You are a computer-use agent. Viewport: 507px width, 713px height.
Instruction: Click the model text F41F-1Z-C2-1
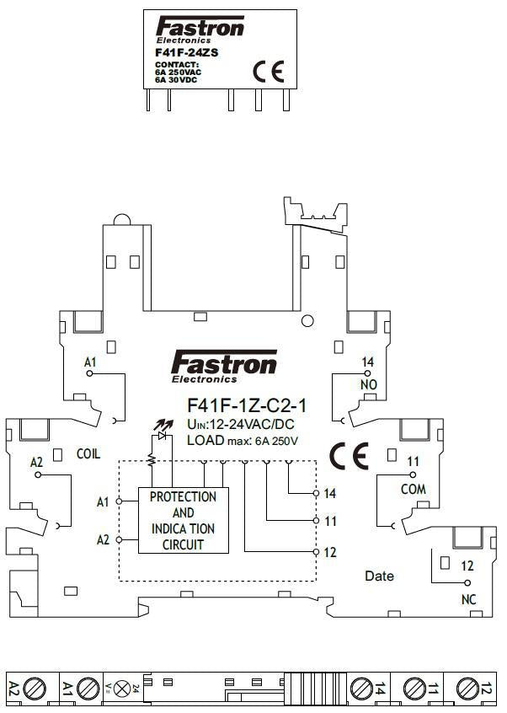246,406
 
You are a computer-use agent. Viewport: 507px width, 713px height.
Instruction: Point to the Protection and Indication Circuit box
183,519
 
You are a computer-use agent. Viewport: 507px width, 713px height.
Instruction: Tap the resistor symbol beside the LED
151,458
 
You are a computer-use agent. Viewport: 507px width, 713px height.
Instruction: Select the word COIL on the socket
88,453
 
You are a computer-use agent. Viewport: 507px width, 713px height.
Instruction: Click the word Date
379,576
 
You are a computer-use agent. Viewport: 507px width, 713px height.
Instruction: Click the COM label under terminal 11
413,489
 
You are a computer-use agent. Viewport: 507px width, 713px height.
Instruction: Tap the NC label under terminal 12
469,599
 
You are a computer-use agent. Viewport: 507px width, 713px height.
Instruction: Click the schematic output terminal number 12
330,553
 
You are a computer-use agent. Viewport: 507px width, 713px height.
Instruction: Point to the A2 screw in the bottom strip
35,689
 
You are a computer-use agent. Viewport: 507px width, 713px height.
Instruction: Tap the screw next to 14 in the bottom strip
360,689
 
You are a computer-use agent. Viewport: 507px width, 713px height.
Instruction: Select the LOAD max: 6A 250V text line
243,440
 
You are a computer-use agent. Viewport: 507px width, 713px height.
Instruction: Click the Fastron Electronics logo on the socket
223,366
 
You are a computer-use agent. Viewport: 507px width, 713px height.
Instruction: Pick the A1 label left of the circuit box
103,502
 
